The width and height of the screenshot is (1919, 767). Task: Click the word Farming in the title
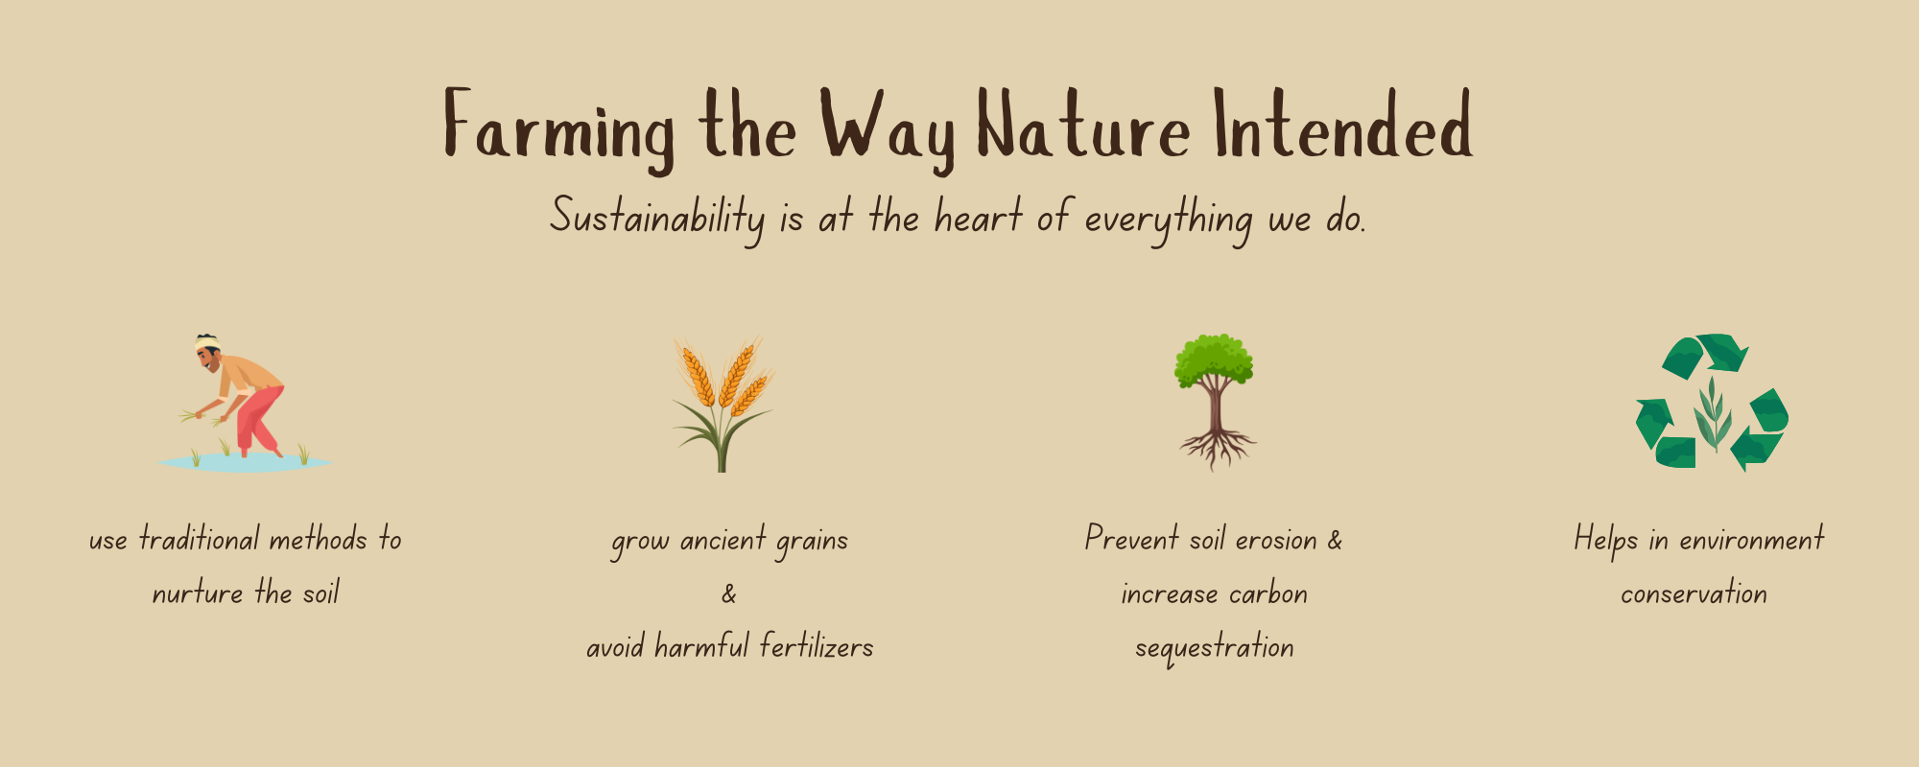pyautogui.click(x=559, y=130)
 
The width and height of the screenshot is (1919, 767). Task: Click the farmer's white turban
pyautogui.click(x=207, y=343)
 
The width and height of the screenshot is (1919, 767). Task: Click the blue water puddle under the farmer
pyautogui.click(x=245, y=463)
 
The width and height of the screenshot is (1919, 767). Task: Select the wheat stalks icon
pyautogui.click(x=723, y=404)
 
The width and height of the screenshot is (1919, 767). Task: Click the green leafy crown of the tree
pyautogui.click(x=1215, y=359)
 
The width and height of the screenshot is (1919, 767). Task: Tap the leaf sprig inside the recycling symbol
pyautogui.click(x=1712, y=413)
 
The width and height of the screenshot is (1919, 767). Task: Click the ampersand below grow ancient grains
pyautogui.click(x=729, y=594)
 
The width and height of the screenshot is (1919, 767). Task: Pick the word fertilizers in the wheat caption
pyautogui.click(x=817, y=646)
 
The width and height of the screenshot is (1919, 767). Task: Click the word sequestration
pyautogui.click(x=1215, y=648)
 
